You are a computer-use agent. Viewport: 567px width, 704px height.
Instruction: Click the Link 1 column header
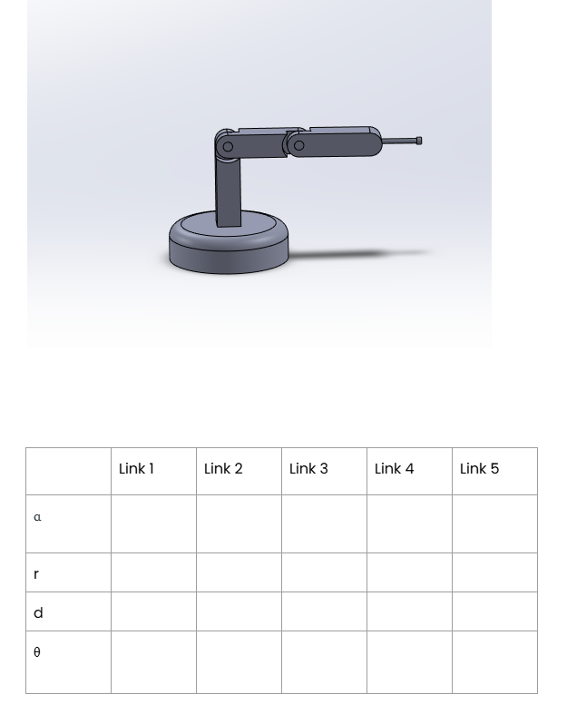pos(136,469)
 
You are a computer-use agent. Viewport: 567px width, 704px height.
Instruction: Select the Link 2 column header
pos(223,469)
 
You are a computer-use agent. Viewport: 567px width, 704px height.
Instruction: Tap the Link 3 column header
pos(308,469)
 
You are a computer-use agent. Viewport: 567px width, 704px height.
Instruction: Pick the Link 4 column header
pos(394,469)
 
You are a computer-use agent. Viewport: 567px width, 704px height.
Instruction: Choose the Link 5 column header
pos(479,469)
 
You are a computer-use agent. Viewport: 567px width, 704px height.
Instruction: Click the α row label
pos(37,517)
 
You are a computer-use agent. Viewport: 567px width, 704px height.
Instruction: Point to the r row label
pos(36,574)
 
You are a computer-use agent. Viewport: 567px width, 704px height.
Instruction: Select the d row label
pos(38,613)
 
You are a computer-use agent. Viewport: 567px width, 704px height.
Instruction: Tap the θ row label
pos(37,652)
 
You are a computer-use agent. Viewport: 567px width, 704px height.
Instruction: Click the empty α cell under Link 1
pos(153,523)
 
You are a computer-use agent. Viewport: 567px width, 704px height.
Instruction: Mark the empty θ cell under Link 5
pos(494,662)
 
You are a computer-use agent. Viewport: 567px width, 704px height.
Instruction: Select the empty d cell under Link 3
pos(324,611)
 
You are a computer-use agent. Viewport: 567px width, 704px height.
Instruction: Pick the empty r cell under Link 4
pos(409,572)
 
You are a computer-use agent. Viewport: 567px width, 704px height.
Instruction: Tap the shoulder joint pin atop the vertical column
pos(228,147)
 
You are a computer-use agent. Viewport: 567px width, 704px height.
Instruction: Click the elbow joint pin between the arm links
pos(298,145)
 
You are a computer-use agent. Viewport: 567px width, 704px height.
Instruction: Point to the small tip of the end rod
pos(418,141)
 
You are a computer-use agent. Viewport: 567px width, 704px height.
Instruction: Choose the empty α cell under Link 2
pos(239,523)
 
